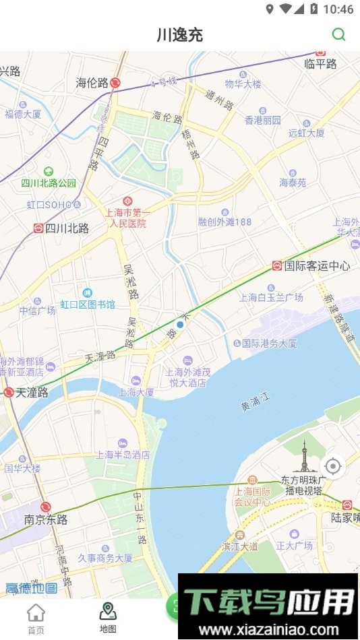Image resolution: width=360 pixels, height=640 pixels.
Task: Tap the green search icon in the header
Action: (x=339, y=34)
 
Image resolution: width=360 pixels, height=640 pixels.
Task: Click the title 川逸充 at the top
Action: (x=180, y=35)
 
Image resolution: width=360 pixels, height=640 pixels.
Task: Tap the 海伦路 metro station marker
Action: (x=115, y=83)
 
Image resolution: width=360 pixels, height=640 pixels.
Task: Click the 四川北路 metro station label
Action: (x=67, y=228)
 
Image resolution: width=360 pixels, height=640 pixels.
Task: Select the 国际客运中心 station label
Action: (x=317, y=266)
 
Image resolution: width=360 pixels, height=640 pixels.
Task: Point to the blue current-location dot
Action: (x=180, y=325)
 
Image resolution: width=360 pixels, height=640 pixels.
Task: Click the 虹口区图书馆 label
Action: (x=88, y=305)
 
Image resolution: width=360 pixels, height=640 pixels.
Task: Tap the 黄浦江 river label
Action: (x=254, y=403)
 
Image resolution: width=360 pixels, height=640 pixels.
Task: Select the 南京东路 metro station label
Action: (x=46, y=519)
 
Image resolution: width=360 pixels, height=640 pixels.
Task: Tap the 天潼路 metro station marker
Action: (x=9, y=392)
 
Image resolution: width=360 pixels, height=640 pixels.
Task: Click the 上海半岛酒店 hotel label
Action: (x=123, y=455)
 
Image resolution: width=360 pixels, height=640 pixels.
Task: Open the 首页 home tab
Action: (x=36, y=618)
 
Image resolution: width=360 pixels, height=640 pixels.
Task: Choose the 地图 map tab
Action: (x=108, y=618)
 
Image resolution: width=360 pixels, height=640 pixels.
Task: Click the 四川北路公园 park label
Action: (x=49, y=183)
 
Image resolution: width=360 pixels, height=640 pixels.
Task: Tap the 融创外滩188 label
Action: (x=224, y=222)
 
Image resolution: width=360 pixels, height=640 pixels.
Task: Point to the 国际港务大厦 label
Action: (x=269, y=343)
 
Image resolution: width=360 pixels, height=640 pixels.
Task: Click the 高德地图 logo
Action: (x=32, y=588)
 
